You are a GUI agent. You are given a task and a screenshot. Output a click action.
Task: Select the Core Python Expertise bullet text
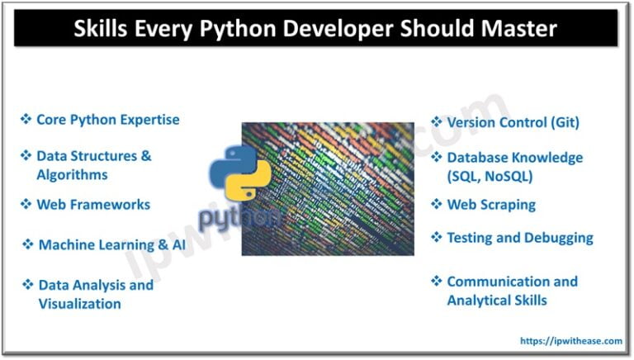tap(107, 120)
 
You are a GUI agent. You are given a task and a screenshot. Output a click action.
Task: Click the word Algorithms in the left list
tap(72, 174)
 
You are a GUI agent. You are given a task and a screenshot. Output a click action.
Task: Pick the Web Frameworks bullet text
tap(93, 204)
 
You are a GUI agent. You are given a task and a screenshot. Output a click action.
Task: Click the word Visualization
tap(79, 304)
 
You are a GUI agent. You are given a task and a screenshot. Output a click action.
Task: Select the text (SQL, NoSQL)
tap(490, 176)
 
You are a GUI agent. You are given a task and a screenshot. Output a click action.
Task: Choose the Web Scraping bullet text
tap(490, 205)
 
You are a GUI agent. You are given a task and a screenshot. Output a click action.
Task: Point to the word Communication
tap(486, 282)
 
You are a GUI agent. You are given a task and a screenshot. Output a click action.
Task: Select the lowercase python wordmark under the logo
tap(238, 217)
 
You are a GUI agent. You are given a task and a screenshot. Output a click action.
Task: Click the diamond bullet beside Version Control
tap(436, 122)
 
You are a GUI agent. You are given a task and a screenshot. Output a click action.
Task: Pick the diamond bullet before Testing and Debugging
tap(436, 238)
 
